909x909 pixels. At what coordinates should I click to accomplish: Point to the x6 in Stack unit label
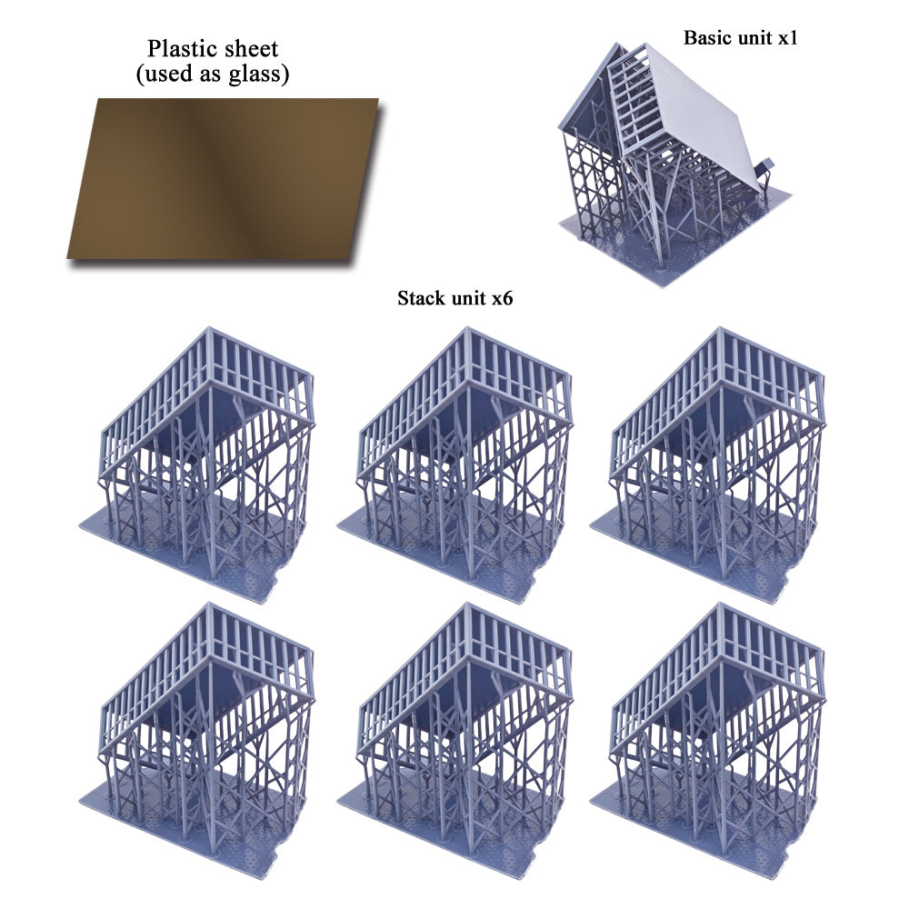[502, 298]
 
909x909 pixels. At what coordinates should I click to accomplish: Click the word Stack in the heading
[419, 298]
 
